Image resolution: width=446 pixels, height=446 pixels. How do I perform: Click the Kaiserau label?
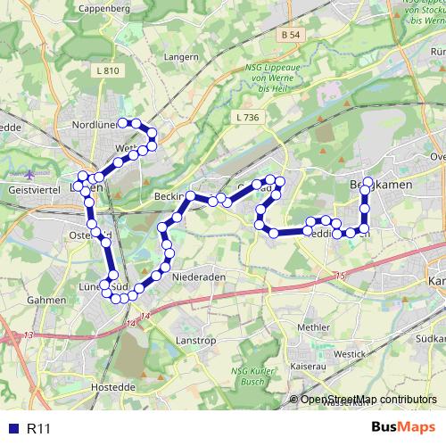(309, 366)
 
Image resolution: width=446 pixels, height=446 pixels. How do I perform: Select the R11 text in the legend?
(38, 429)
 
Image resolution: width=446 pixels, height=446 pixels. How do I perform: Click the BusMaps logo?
(403, 428)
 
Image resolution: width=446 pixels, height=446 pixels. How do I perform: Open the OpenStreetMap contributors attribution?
(368, 399)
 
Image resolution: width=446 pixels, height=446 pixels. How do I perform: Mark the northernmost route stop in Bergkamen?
(368, 182)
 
